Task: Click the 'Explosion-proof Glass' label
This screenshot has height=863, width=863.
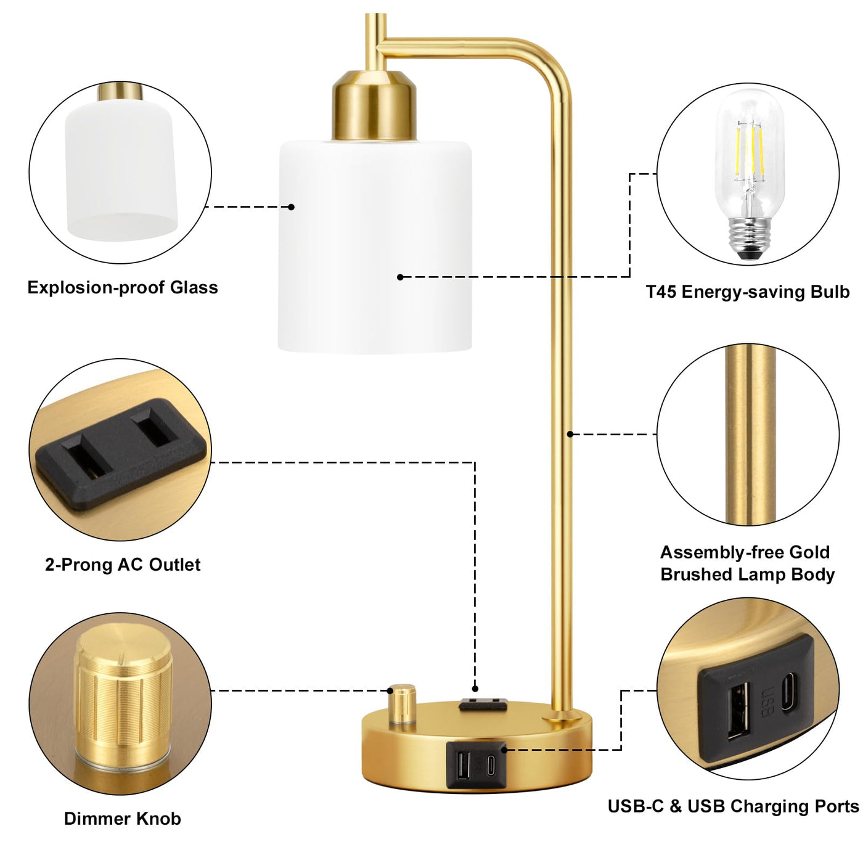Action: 122,287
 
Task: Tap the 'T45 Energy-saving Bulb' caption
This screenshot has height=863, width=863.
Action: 748,292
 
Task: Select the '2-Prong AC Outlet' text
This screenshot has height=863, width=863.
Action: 122,565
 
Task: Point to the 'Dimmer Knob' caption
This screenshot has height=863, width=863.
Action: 122,819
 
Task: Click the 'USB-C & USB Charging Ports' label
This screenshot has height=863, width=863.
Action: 733,806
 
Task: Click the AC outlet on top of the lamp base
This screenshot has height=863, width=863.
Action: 483,705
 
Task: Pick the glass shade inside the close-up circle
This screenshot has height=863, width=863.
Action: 121,170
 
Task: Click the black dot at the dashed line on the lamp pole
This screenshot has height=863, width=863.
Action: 570,434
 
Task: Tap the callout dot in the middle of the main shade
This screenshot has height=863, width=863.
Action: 401,277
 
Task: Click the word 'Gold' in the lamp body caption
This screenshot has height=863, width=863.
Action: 810,552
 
